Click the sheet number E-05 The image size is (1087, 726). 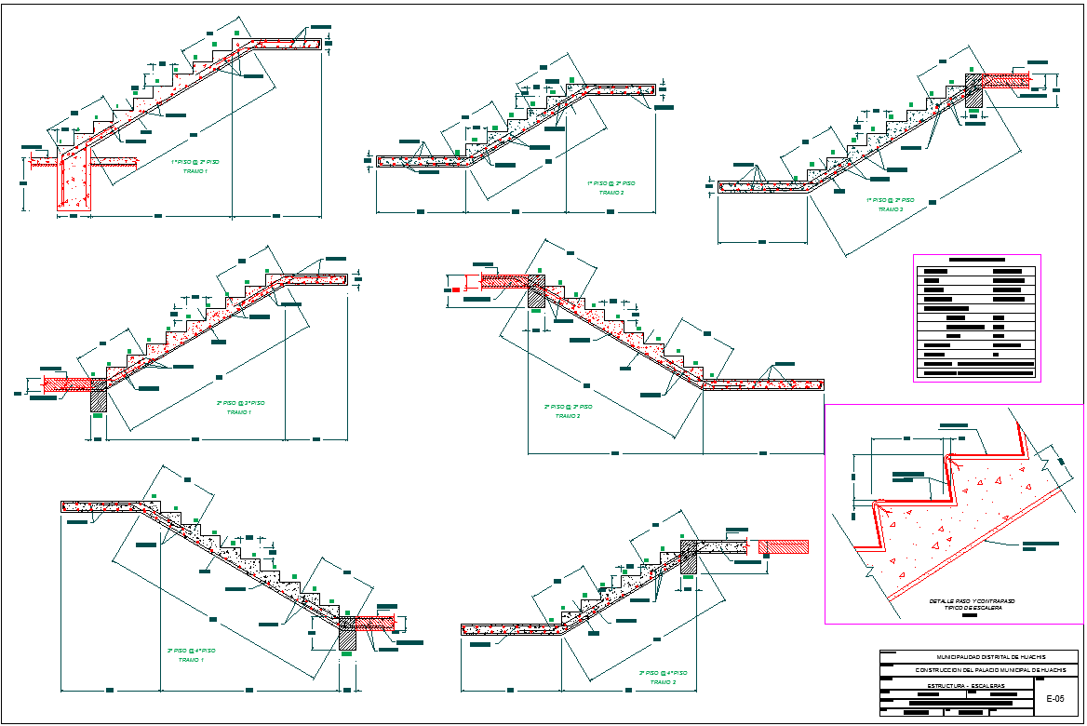(1055, 698)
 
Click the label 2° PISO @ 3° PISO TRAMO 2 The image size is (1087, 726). (568, 411)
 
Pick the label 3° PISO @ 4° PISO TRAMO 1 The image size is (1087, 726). (191, 654)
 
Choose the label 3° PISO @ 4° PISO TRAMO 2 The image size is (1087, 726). (663, 677)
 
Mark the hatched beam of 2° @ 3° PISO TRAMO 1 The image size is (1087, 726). (99, 397)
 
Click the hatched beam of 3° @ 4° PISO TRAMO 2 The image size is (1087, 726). (689, 558)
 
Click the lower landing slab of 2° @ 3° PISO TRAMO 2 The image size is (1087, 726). (763, 383)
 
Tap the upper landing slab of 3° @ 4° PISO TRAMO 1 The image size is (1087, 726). (102, 506)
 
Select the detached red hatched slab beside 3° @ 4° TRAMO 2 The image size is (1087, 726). (784, 547)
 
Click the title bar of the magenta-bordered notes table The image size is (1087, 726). (976, 260)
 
